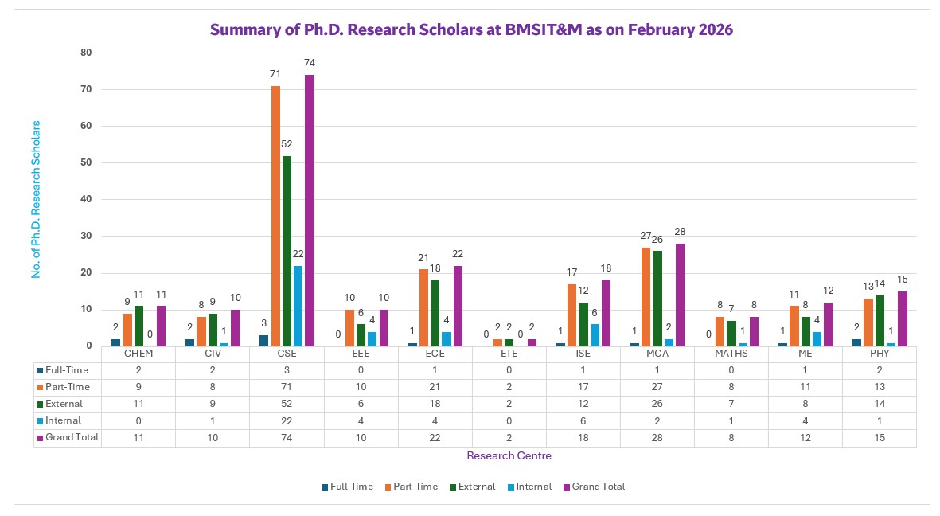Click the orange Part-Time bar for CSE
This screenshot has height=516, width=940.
coord(275,215)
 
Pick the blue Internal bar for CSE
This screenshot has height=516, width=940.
coord(298,306)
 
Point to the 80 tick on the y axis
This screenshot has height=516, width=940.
coord(86,53)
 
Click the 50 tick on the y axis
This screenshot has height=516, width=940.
coord(86,162)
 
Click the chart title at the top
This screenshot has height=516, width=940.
coord(471,30)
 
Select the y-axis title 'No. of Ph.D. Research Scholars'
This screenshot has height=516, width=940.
coord(36,199)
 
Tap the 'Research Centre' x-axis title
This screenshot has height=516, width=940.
coord(509,456)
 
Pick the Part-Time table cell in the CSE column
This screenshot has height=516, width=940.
coord(287,386)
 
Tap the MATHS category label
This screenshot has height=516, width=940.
coord(731,353)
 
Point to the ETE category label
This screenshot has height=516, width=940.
coord(509,353)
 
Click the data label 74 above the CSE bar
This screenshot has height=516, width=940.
coord(310,63)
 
